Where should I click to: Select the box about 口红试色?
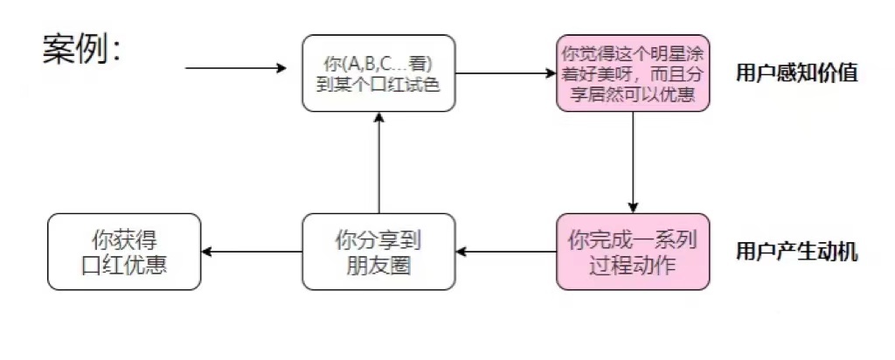[378, 73]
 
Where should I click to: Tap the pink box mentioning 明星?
[633, 73]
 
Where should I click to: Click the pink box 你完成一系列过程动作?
[633, 252]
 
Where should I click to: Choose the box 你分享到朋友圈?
[378, 252]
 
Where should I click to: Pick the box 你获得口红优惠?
[124, 252]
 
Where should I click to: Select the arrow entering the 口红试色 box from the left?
[236, 68]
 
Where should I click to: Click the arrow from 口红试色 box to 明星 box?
[506, 73]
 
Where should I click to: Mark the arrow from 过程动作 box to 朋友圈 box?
[506, 253]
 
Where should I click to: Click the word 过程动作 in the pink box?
[633, 264]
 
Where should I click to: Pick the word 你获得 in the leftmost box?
[124, 239]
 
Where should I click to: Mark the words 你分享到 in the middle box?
[378, 239]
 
